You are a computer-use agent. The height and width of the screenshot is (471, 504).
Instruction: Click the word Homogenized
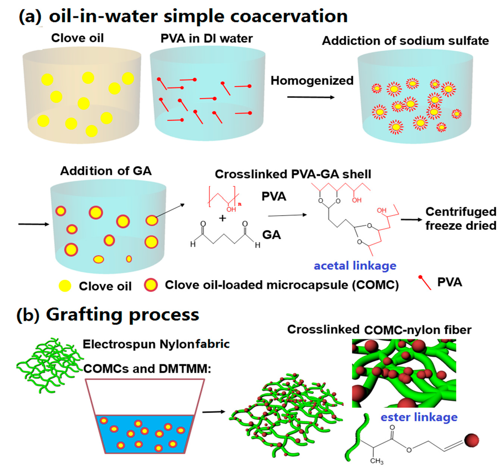point(312,81)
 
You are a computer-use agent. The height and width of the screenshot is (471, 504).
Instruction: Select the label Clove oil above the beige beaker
point(77,38)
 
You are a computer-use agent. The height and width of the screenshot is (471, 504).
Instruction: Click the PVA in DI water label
point(207,39)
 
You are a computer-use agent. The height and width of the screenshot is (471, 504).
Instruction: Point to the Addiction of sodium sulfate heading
point(405,41)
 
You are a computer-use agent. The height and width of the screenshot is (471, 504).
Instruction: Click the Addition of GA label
point(106,171)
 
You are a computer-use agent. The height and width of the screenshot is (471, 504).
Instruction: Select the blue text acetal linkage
point(355,266)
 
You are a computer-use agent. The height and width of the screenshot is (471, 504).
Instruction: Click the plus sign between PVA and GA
point(222,218)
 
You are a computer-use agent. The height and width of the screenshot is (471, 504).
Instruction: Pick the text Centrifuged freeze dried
point(461,218)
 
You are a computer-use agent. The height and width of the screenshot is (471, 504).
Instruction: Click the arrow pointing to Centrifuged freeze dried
point(411,220)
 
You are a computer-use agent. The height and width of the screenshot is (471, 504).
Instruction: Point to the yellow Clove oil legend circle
point(65,286)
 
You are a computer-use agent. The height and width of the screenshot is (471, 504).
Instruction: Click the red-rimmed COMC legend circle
point(151,285)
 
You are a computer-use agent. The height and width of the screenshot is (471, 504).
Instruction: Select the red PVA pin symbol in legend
point(425,282)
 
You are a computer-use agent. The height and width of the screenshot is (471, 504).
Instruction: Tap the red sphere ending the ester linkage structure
point(472,440)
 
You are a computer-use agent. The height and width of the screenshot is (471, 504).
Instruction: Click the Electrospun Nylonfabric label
point(156,344)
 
